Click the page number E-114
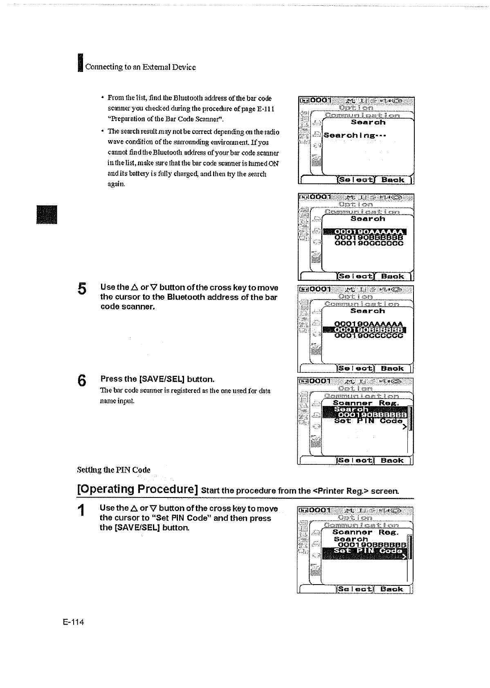click(73, 622)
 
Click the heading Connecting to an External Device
click(140, 67)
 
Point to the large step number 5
click(82, 289)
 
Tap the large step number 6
click(82, 381)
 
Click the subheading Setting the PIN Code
click(114, 470)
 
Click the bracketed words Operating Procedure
click(138, 489)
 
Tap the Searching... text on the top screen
click(355, 135)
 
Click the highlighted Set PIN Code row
click(366, 551)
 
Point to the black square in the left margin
click(47, 214)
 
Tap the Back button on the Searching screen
click(392, 180)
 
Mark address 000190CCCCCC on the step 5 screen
click(369, 336)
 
